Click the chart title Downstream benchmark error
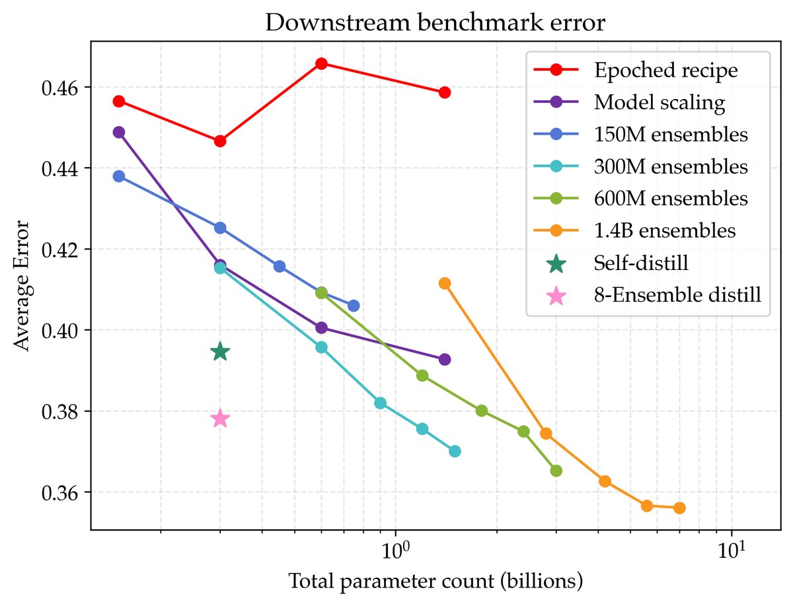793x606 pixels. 435,22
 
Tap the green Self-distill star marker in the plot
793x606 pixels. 220,352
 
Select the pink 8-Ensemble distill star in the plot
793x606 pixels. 220,419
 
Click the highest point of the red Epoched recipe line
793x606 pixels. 321,63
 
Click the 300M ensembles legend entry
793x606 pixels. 671,166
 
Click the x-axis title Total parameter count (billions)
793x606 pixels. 435,582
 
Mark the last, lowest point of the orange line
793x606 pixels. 679,508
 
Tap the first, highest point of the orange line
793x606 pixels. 445,283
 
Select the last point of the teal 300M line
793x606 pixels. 455,451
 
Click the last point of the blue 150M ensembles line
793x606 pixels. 354,306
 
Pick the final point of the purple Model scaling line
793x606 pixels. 445,359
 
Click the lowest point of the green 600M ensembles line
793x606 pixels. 556,471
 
